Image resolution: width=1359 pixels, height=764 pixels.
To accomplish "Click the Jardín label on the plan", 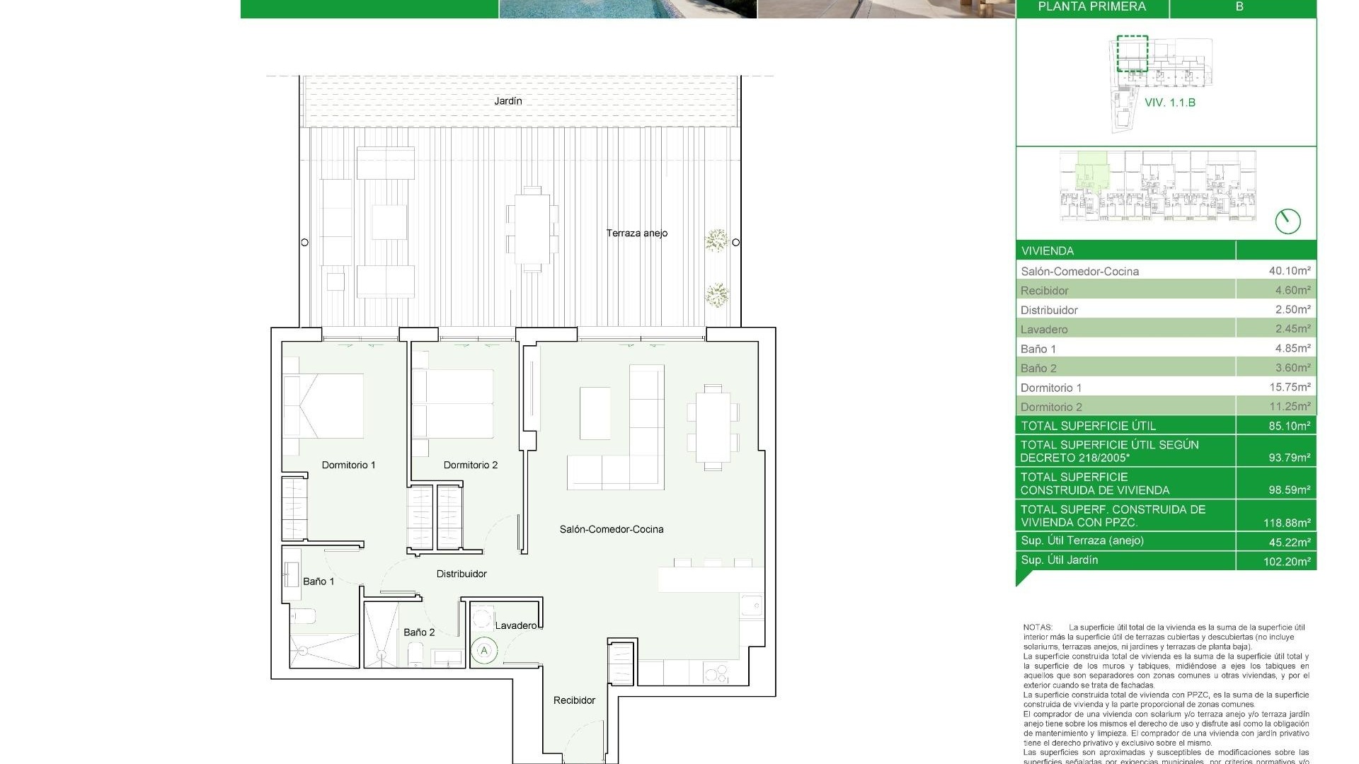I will (508, 101).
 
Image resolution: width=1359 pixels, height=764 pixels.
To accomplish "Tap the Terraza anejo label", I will (636, 233).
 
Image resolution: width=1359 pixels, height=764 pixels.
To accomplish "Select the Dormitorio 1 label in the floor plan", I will (348, 465).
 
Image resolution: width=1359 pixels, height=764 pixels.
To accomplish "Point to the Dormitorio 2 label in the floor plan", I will (470, 465).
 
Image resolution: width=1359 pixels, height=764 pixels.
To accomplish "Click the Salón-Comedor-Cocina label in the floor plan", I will (612, 529).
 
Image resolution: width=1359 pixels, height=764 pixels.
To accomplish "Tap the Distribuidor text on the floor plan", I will (461, 574).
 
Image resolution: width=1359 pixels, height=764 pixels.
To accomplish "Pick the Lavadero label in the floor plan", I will (516, 625).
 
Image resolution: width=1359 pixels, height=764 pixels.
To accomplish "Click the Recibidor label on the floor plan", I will (574, 700).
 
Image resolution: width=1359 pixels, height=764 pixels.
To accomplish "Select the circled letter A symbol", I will (485, 650).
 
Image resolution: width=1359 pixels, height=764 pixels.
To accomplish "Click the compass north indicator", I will (1288, 221).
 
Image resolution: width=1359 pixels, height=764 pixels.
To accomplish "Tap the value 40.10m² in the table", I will (1289, 271).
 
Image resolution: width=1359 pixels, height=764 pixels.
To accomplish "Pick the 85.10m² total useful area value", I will (1289, 426).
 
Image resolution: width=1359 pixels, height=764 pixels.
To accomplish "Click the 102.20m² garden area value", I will (1287, 562).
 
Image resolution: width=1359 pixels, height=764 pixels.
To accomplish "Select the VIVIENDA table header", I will (1048, 251).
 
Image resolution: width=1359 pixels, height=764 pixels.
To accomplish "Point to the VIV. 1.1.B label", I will (1170, 103).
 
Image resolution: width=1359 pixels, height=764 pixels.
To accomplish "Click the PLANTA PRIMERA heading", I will (1091, 7).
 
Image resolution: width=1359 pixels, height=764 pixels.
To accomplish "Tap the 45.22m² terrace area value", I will (1289, 542).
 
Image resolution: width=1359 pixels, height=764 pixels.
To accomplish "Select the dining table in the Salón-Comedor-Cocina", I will (713, 427).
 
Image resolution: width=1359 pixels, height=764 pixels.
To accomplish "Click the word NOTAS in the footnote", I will (1038, 627).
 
